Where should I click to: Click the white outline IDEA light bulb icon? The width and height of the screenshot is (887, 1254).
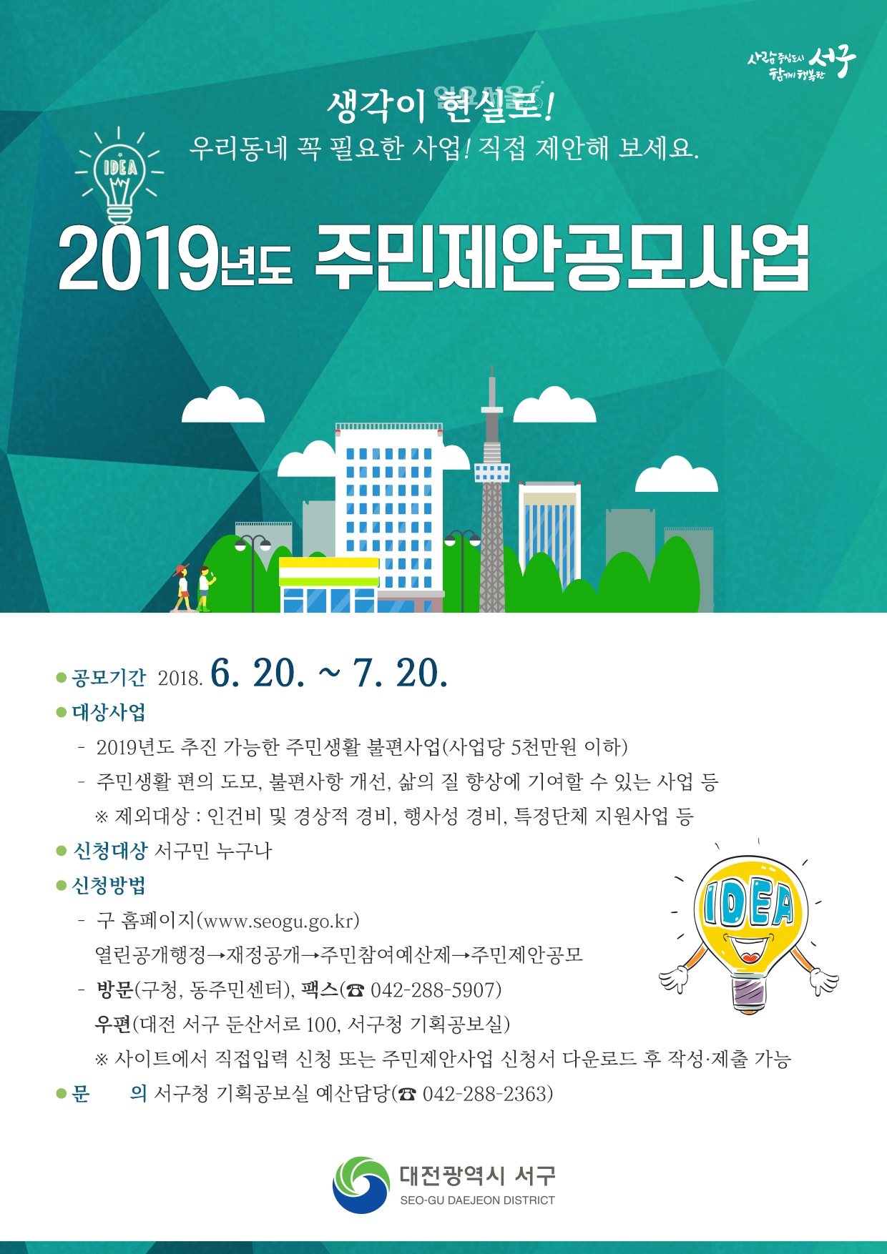119,175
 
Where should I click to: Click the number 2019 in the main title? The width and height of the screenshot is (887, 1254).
137,259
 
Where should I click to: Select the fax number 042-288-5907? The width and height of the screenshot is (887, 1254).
436,990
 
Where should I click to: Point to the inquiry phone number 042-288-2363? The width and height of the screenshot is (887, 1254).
488,1094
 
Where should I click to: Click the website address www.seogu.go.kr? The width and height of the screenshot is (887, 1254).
278,921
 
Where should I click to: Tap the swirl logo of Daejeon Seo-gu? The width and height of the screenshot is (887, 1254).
361,1184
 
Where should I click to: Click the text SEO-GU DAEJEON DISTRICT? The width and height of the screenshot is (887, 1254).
477,1200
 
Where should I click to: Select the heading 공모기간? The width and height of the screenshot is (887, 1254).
109,677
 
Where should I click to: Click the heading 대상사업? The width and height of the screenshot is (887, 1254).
109,712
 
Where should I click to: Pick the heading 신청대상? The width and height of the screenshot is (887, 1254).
110,851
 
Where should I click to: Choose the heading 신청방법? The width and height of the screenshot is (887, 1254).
109,886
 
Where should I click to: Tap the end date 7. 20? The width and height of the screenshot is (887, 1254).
401,673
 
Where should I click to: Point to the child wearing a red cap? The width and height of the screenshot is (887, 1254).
182,588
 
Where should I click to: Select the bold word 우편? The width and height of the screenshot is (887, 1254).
113,1025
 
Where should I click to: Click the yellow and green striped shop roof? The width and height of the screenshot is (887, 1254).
328,572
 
